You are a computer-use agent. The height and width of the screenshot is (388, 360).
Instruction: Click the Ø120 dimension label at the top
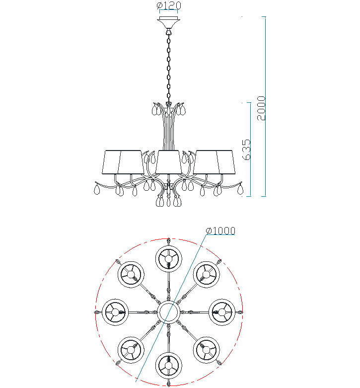pos(169,5)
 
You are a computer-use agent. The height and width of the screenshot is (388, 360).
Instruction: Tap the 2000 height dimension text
pos(261,108)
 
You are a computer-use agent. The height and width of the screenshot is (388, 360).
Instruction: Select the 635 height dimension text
pos(246,150)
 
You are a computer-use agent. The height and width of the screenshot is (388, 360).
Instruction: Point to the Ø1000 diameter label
pos(220,231)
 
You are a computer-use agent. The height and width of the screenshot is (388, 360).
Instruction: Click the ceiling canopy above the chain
pos(169,23)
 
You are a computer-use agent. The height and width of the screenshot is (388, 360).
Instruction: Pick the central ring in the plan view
pos(169,312)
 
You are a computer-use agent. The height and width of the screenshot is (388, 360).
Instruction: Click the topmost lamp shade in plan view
pos(169,259)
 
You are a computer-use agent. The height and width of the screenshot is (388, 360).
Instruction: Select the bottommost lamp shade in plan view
pos(169,366)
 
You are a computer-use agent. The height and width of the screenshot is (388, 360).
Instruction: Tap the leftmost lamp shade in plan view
pos(115,312)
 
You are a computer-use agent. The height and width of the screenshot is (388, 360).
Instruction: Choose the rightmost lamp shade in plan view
pos(222,312)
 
